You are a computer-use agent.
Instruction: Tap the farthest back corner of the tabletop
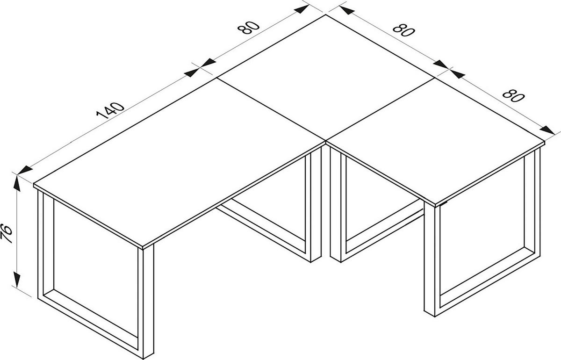(x=326, y=15)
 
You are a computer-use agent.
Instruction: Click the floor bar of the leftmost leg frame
(x=89, y=318)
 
